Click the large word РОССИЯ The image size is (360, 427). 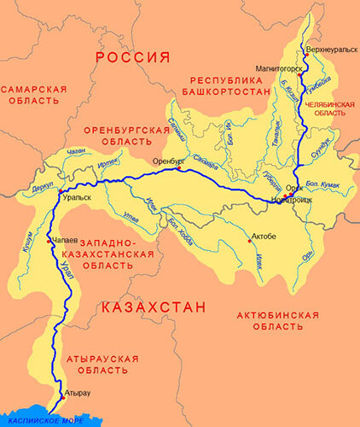point(132,58)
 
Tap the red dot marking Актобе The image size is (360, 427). point(249,240)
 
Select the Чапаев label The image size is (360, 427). point(68,241)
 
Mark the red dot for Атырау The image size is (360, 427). point(61,397)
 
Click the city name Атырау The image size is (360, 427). point(78,391)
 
